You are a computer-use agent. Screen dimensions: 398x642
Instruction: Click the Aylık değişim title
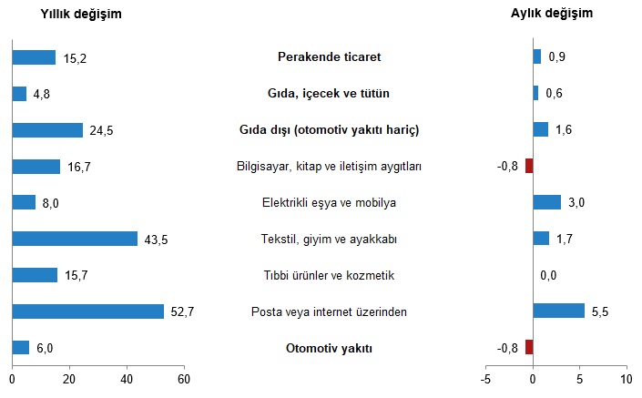point(553,14)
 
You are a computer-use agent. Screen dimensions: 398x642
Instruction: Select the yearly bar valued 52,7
point(88,311)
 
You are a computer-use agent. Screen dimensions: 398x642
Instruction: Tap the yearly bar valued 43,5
point(75,239)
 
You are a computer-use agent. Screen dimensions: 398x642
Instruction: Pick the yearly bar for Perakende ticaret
point(35,57)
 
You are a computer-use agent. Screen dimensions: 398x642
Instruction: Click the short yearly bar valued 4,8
point(19,94)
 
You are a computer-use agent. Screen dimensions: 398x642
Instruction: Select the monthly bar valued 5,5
point(558,311)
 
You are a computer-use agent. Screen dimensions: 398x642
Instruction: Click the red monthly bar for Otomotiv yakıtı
point(529,347)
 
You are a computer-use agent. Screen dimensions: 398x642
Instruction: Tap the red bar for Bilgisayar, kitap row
point(529,166)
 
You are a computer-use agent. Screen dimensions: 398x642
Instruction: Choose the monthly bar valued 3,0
point(546,202)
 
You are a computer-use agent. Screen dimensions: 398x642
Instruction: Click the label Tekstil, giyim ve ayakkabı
point(329,240)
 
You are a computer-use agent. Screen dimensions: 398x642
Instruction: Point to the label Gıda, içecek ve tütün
point(329,94)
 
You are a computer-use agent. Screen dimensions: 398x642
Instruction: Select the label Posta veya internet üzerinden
point(329,312)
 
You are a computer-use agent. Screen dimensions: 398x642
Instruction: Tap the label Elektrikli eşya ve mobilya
point(329,203)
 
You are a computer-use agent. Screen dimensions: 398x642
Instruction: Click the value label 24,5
point(101,130)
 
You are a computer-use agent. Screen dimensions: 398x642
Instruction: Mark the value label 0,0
point(549,275)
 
